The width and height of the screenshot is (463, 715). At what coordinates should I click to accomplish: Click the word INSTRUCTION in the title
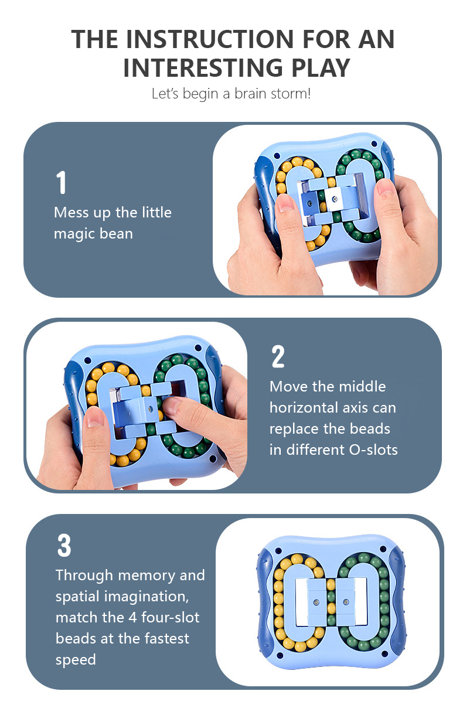[x=209, y=39]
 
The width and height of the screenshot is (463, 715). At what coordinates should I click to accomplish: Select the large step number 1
[x=61, y=182]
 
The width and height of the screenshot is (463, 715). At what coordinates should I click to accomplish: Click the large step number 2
[x=278, y=356]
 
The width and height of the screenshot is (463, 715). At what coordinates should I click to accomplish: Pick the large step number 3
[x=64, y=546]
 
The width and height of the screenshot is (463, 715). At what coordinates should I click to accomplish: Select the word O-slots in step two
[x=373, y=450]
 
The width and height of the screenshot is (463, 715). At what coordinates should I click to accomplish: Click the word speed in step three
[x=76, y=660]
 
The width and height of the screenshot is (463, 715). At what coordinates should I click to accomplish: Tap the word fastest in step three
[x=166, y=638]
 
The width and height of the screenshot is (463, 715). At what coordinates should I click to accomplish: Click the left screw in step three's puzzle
[x=316, y=602]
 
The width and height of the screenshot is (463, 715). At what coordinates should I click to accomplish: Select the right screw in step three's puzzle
[x=346, y=602]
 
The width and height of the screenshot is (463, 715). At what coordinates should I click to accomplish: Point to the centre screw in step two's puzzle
[x=150, y=409]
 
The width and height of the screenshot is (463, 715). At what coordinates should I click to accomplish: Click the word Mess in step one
[x=70, y=212]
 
